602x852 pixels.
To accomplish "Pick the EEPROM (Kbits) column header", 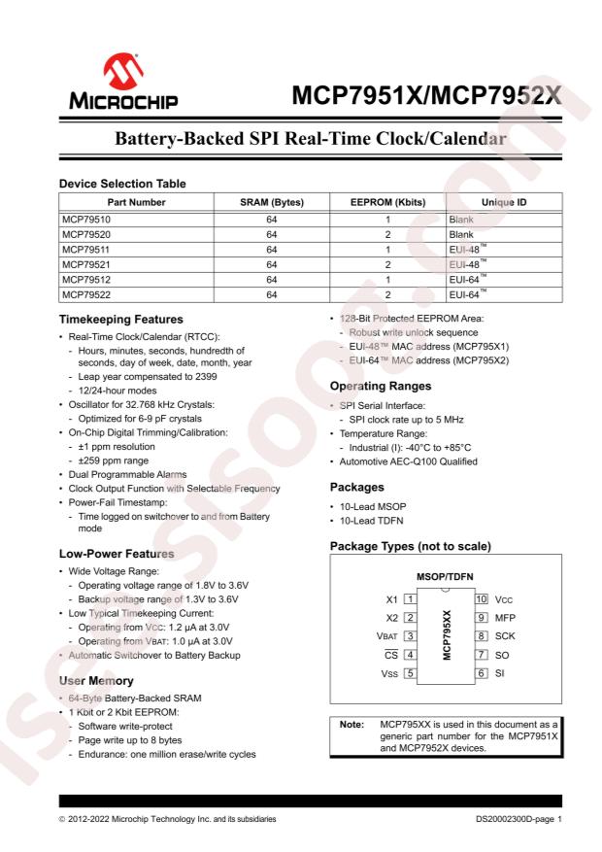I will [386, 202].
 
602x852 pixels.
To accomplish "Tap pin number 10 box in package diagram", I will [480, 599].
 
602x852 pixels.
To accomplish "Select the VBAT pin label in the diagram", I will [386, 635].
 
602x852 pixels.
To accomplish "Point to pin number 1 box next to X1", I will [411, 599].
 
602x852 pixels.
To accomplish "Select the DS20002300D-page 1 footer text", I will [525, 819].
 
